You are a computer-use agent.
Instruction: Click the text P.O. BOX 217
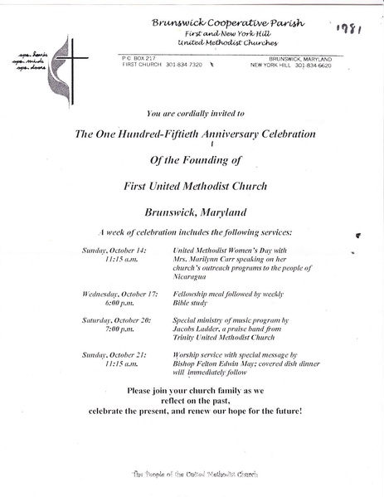pyautogui.click(x=137, y=58)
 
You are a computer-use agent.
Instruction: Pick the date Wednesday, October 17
pyautogui.click(x=117, y=295)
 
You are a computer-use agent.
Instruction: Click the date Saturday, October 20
pyautogui.click(x=115, y=319)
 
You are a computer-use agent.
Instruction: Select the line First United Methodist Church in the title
pyautogui.click(x=192, y=186)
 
